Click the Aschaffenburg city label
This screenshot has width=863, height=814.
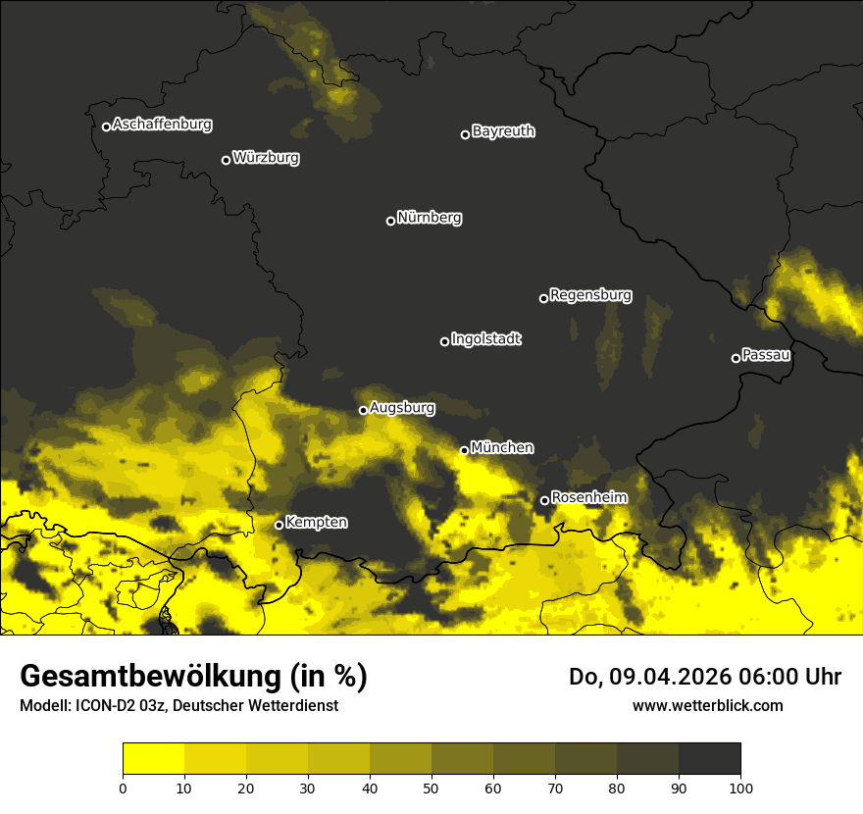pyautogui.click(x=162, y=125)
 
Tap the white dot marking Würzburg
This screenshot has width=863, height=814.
pyautogui.click(x=226, y=160)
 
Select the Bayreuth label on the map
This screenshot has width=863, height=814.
pyautogui.click(x=503, y=131)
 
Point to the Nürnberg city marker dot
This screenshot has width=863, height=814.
pyautogui.click(x=390, y=221)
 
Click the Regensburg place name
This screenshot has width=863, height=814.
pyautogui.click(x=590, y=294)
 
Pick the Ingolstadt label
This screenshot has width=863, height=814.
pyautogui.click(x=486, y=339)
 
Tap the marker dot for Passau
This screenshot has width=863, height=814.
pyautogui.click(x=736, y=358)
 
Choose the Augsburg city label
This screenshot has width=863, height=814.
pyautogui.click(x=402, y=407)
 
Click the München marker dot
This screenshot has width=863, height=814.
pyautogui.click(x=464, y=450)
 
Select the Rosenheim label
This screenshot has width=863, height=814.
pyautogui.click(x=588, y=497)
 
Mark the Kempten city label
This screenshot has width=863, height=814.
pyautogui.click(x=316, y=522)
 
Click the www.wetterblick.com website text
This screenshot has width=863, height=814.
pyautogui.click(x=707, y=705)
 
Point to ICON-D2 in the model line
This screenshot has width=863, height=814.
pyautogui.click(x=106, y=705)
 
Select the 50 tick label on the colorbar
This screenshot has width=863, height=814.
pyautogui.click(x=431, y=787)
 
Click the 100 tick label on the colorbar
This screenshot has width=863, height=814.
pyautogui.click(x=740, y=787)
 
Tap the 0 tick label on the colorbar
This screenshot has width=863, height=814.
pyautogui.click(x=123, y=787)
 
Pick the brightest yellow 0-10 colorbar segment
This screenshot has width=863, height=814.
pyautogui.click(x=153, y=759)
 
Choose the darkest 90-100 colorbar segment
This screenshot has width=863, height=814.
pyautogui.click(x=709, y=759)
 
